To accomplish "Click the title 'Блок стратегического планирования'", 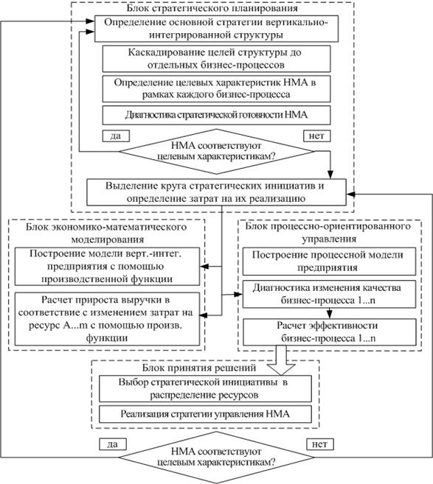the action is point(212,8).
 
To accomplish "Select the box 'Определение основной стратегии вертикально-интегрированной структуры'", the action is point(216,29).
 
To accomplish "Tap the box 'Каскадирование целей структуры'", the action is point(216,59).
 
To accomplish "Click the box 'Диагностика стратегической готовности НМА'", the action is point(216,115).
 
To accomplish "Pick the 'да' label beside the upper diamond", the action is point(116,136).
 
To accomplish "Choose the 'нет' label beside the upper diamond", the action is point(316,136).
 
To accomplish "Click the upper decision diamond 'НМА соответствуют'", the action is point(216,151).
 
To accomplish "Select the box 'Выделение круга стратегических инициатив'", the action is point(216,192).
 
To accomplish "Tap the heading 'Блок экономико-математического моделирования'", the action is point(106,233).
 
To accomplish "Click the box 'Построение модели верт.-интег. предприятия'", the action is point(107,266).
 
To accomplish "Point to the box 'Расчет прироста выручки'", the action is point(107,319).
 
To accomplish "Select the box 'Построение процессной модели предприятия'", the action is point(329,261).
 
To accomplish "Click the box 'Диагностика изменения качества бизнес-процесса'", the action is point(329,294).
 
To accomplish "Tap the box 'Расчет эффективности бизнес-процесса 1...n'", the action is point(330,332).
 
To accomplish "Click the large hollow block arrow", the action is point(281,360).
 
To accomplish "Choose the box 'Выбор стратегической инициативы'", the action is point(205,389).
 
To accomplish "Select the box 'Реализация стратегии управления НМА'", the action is point(205,414).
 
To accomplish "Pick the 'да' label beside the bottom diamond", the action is point(113,444).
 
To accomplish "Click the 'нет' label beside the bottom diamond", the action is point(320,444).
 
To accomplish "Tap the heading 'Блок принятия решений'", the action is point(199,368).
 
